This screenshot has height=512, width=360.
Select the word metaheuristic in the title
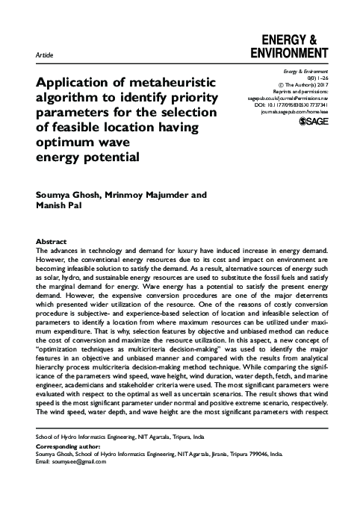(x=168, y=82)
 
